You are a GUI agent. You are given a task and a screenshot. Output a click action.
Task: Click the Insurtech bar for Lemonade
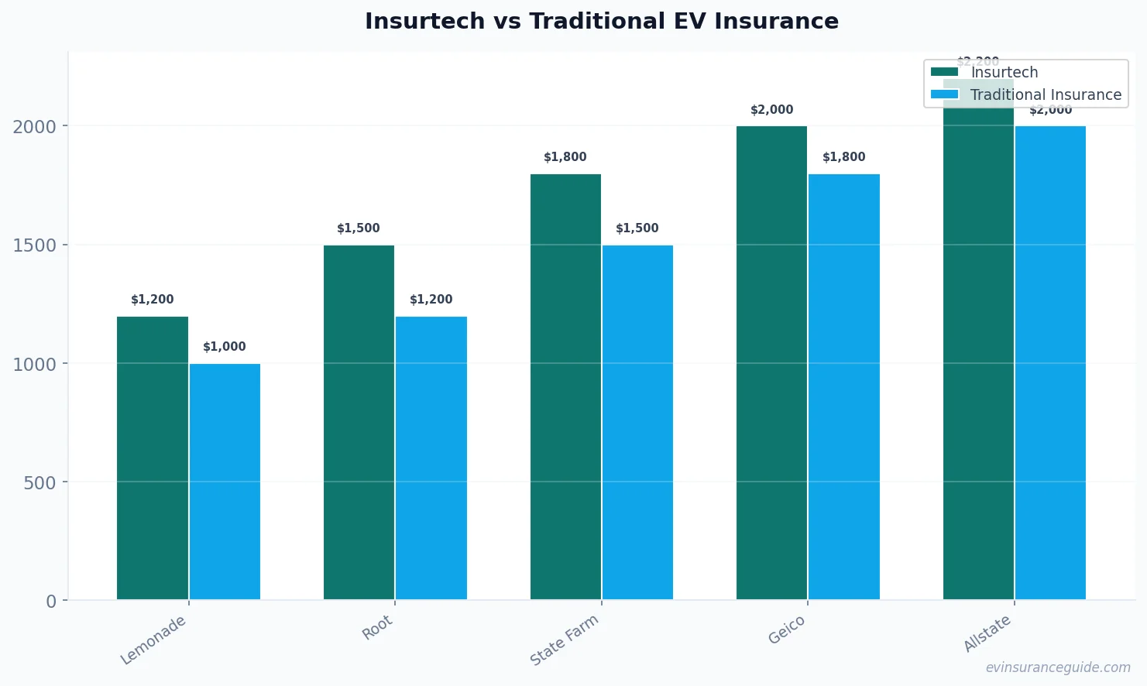(x=153, y=458)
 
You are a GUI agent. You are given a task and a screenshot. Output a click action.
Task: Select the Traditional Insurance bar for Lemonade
(x=225, y=482)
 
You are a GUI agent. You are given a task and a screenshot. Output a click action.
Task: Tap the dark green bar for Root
(x=359, y=422)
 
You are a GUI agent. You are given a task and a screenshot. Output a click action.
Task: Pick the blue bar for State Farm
(x=637, y=422)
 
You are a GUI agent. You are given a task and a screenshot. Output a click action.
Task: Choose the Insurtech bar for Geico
(x=771, y=362)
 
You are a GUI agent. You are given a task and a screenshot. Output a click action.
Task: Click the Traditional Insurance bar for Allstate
(x=1050, y=362)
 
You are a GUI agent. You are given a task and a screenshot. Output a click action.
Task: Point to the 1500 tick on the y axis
(x=35, y=245)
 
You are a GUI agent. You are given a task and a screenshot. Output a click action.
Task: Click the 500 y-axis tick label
(x=39, y=483)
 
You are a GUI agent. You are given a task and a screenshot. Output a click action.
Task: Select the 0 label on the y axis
(x=51, y=602)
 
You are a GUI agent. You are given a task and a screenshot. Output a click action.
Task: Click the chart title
(x=602, y=22)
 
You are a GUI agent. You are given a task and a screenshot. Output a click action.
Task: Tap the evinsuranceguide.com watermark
(x=1058, y=667)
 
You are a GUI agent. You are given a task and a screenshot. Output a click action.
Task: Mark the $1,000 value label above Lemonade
(x=225, y=347)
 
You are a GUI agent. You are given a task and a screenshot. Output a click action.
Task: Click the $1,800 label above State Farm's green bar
(x=565, y=157)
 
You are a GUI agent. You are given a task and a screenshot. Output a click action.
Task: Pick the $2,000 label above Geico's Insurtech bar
(x=771, y=110)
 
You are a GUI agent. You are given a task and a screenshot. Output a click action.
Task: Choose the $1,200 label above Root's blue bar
(x=431, y=300)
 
